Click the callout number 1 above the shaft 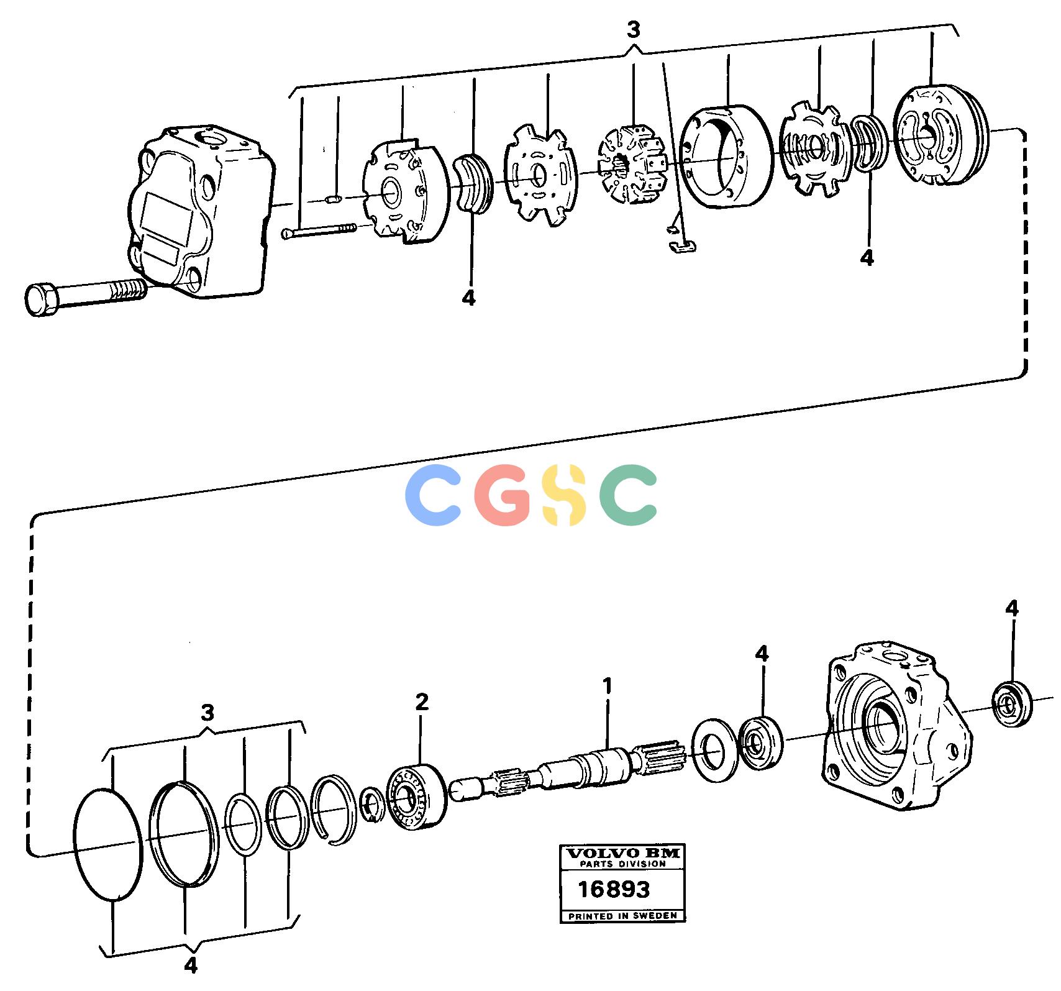click(608, 686)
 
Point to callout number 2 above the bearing click(422, 703)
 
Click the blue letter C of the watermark click(433, 495)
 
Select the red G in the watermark click(501, 495)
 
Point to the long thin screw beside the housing click(319, 230)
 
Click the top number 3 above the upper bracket click(634, 29)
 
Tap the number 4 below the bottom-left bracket click(191, 982)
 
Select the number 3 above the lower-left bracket click(208, 712)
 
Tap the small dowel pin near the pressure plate click(333, 199)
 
